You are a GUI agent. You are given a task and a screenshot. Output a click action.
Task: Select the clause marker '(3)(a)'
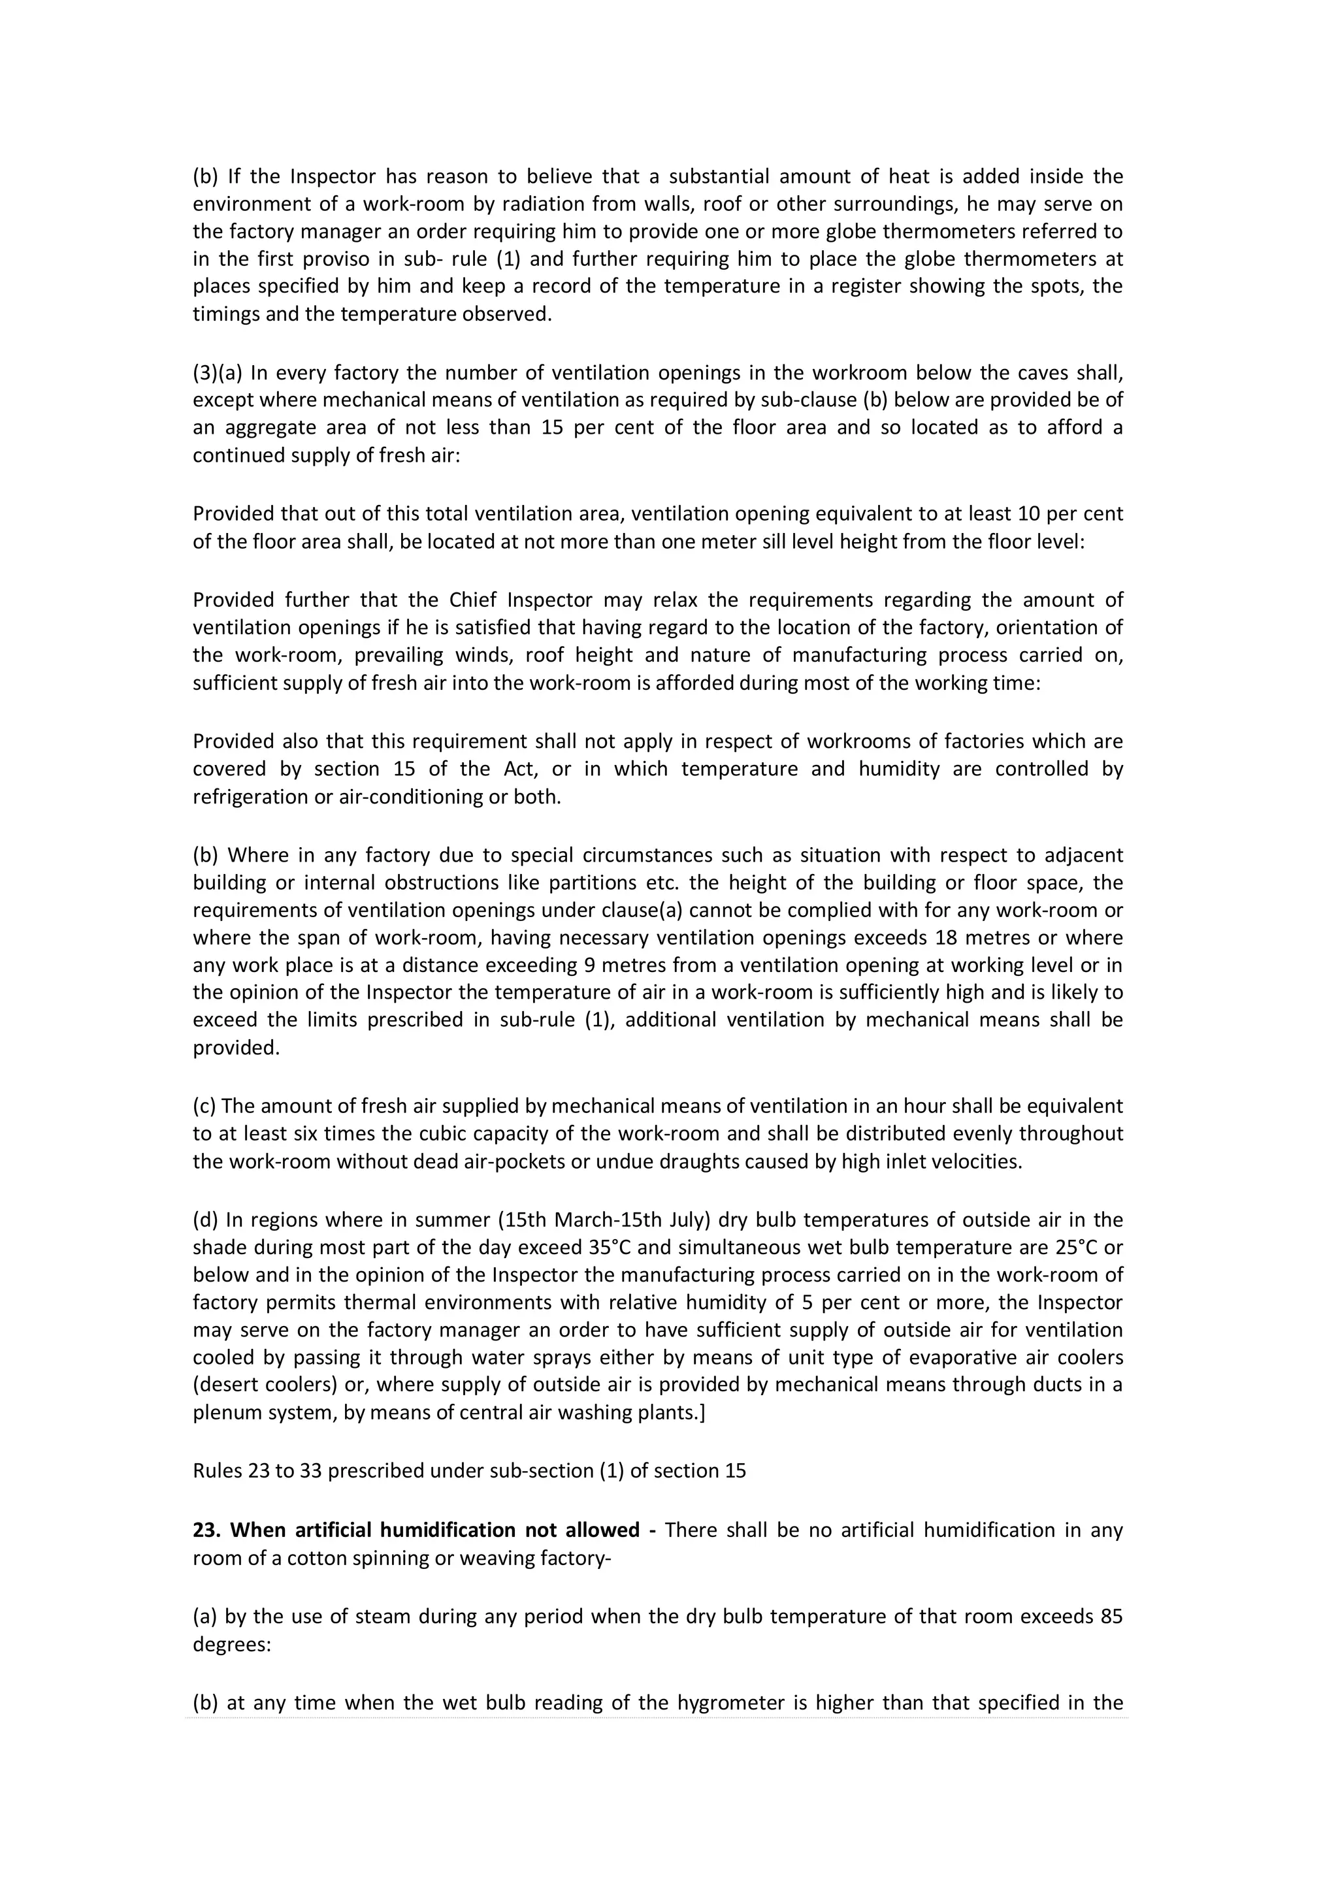click(218, 374)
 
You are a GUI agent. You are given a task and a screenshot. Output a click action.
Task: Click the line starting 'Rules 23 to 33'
click(468, 1471)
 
